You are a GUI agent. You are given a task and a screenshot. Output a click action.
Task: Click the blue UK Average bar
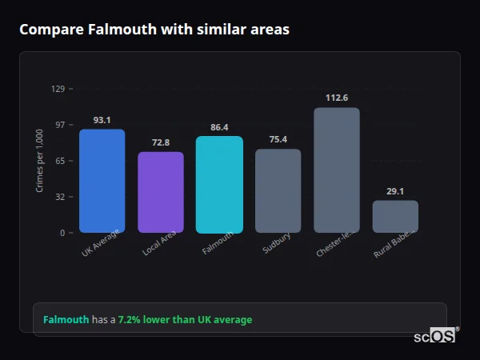(102, 181)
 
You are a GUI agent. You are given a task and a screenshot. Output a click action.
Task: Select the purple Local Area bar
(161, 192)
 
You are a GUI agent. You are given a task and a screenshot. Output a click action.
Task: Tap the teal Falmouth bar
(219, 184)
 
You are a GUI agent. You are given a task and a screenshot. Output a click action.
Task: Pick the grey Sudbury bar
(278, 190)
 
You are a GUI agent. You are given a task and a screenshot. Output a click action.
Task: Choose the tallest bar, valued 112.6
(337, 170)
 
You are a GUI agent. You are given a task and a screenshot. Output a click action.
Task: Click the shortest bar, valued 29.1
(395, 216)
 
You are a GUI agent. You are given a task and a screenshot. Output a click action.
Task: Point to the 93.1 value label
(102, 120)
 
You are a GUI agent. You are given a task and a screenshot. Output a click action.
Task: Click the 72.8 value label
(161, 142)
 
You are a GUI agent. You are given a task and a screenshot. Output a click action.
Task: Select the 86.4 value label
(219, 127)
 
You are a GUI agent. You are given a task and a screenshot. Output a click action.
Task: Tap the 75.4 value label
(278, 139)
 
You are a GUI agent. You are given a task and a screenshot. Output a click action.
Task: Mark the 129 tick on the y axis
(58, 89)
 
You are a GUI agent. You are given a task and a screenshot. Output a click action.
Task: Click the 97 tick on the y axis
(59, 125)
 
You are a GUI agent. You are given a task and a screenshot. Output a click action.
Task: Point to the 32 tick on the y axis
(59, 197)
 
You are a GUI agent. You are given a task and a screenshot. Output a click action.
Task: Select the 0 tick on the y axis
(62, 233)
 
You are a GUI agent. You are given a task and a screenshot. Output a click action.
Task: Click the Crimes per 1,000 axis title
(39, 161)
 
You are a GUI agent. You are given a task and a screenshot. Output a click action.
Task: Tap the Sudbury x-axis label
(277, 243)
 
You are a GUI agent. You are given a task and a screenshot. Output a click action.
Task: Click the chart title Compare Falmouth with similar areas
(154, 30)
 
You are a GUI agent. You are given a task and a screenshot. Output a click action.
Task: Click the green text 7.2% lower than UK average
(185, 320)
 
